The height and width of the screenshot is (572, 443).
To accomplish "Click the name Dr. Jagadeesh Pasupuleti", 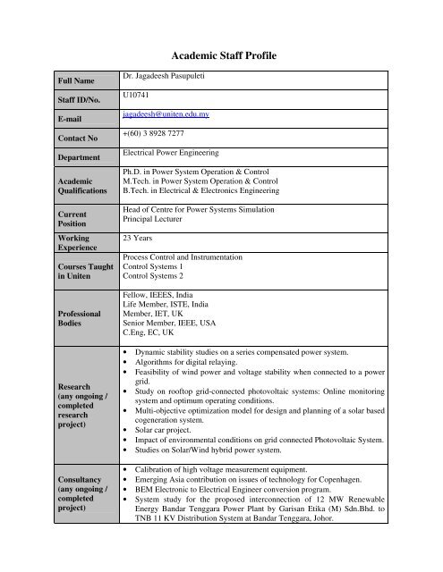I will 176,80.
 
